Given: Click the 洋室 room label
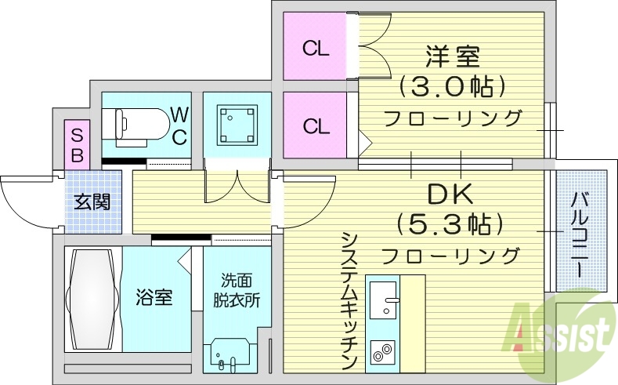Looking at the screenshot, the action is pyautogui.click(x=453, y=56).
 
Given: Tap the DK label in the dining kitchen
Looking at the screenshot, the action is pyautogui.click(x=450, y=194).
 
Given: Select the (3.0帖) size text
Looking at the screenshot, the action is pyautogui.click(x=453, y=86).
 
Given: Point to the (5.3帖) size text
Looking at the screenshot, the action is pyautogui.click(x=450, y=224).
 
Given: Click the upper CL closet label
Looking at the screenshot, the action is pyautogui.click(x=316, y=49).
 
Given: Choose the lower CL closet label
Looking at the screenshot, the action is pyautogui.click(x=316, y=126).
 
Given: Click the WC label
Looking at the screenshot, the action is pyautogui.click(x=179, y=126).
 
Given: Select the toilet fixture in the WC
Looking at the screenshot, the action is pyautogui.click(x=134, y=124).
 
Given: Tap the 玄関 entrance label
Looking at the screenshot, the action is pyautogui.click(x=93, y=203).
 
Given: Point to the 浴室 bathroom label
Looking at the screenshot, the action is pyautogui.click(x=155, y=297).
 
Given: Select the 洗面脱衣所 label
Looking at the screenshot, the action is pyautogui.click(x=237, y=291).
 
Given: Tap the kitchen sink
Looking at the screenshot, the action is pyautogui.click(x=383, y=300).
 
